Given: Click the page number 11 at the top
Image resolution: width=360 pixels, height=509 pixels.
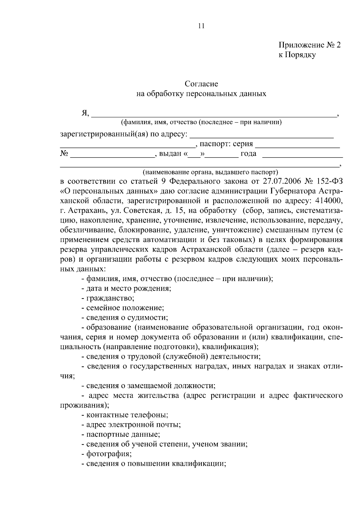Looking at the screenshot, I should tap(201, 26).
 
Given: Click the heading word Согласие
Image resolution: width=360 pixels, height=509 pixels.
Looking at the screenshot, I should tap(201, 84).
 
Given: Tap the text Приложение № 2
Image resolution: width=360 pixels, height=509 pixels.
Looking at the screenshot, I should tap(310, 45).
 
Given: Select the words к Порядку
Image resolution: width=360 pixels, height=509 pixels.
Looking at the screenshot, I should tap(297, 55).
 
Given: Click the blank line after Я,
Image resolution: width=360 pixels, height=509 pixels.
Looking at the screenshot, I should tap(213, 114).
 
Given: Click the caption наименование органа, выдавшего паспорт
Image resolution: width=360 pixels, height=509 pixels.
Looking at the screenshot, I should tap(210, 172).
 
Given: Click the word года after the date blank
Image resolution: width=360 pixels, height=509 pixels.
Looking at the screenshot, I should tap(248, 154).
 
